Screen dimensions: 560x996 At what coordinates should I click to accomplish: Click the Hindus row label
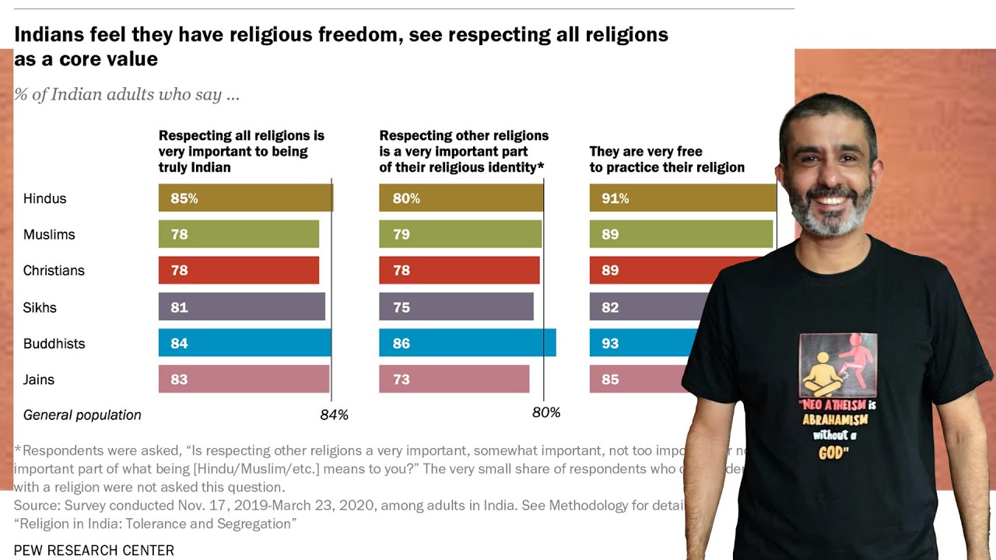tap(45, 198)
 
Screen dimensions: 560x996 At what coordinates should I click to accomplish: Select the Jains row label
tap(39, 380)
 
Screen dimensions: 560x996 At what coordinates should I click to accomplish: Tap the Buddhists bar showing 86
tap(467, 343)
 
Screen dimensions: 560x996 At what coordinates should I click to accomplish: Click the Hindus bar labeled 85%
tap(245, 198)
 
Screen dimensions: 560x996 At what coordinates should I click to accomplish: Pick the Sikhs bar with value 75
tap(456, 307)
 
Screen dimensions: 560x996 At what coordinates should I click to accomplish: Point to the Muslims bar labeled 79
tap(460, 234)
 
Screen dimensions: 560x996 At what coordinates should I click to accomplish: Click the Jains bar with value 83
tap(244, 380)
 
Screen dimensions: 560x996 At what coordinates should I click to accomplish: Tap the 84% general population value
tap(334, 415)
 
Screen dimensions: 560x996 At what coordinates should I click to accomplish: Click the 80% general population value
tap(545, 413)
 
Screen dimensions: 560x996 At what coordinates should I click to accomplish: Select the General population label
tap(82, 415)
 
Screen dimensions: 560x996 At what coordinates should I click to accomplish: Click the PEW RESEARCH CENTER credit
tap(94, 551)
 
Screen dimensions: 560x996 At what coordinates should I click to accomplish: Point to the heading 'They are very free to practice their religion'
tap(666, 159)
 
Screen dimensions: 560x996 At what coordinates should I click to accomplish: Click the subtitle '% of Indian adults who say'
tap(127, 96)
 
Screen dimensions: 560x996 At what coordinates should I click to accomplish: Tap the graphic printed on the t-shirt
tap(838, 365)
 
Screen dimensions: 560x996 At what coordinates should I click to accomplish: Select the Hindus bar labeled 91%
tap(682, 198)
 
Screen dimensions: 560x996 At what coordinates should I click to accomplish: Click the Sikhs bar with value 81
tap(241, 307)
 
